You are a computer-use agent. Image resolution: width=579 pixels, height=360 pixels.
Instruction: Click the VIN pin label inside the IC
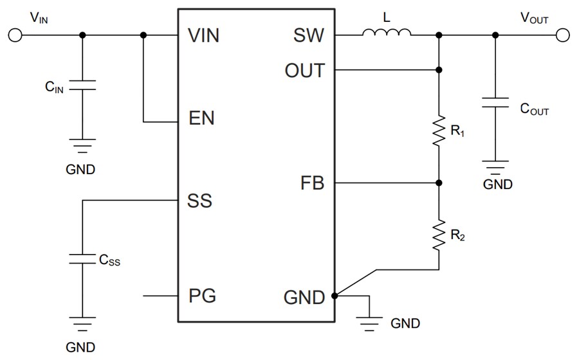point(204,35)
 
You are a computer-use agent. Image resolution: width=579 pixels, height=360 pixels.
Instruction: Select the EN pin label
point(201,119)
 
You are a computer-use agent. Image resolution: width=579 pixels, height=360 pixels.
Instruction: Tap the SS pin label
point(199,201)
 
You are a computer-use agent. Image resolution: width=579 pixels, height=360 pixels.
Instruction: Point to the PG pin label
point(202,296)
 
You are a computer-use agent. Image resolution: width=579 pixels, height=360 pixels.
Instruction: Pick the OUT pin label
point(304,69)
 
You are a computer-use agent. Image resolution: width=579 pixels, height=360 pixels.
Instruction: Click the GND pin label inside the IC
point(304,297)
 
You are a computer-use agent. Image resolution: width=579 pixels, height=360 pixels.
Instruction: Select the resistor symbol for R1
point(439,130)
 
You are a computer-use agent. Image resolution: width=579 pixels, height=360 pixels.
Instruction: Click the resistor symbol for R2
point(439,235)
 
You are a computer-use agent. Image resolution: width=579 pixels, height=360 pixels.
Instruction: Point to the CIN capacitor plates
point(82,85)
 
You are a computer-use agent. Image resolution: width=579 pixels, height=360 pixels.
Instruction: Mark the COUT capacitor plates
point(494,102)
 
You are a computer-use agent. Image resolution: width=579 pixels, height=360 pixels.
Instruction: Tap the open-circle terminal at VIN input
point(14,35)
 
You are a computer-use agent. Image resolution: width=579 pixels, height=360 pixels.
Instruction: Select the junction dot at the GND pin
point(335,296)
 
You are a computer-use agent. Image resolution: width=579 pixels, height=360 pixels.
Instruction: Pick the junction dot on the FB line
point(439,184)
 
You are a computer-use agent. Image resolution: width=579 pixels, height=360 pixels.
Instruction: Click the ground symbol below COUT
point(494,166)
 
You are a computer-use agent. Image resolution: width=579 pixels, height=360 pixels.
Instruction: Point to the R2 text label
point(459,236)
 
